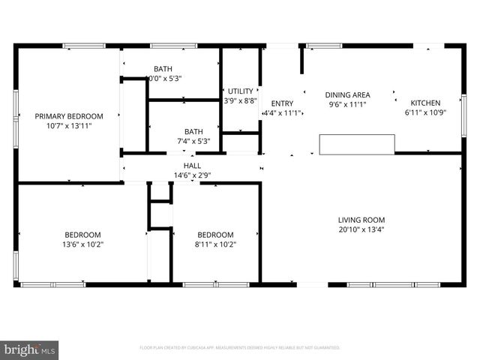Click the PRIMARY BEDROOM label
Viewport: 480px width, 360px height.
click(69, 116)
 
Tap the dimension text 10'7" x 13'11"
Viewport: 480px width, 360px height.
click(69, 127)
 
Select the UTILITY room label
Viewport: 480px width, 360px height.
click(241, 90)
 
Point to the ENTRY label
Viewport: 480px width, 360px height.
click(282, 103)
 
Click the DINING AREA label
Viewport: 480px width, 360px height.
click(347, 95)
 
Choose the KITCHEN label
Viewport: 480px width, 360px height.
click(424, 103)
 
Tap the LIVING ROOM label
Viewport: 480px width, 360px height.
click(361, 220)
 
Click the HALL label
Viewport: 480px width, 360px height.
click(192, 166)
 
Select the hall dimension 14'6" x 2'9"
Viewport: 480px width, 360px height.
click(192, 175)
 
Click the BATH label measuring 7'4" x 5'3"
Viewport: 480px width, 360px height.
click(193, 130)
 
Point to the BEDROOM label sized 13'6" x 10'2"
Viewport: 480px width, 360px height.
click(79, 234)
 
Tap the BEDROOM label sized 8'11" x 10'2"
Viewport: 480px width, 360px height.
click(215, 234)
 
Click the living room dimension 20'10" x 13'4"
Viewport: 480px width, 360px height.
click(361, 230)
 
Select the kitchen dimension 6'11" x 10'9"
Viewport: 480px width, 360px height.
click(424, 112)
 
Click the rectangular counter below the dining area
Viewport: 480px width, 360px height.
click(357, 145)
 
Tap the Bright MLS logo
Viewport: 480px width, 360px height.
click(30, 349)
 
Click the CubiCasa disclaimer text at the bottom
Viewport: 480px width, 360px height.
click(240, 348)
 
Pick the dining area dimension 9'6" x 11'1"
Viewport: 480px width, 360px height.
click(347, 105)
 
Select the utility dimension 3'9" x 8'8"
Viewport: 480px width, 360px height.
click(241, 100)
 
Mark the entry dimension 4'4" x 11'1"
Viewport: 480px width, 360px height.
click(282, 113)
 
